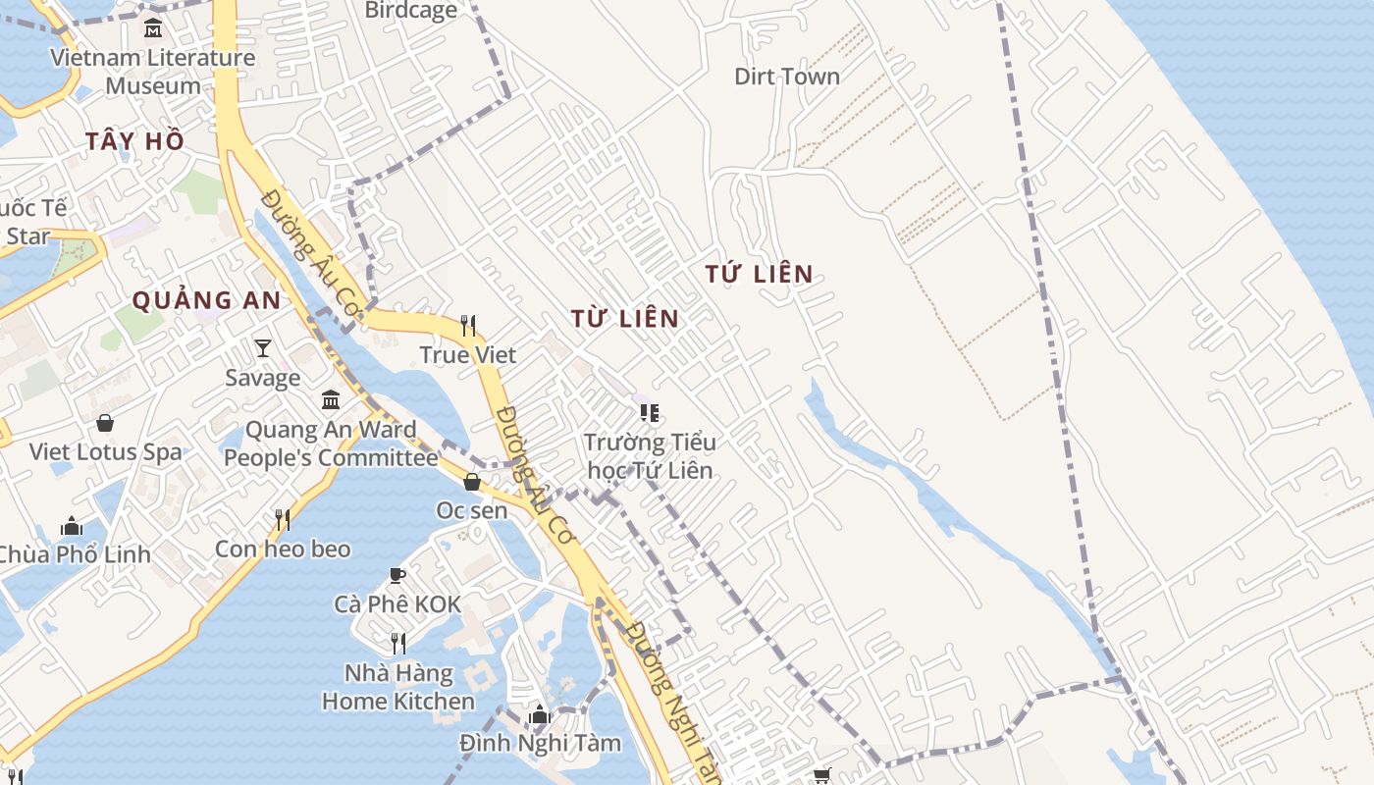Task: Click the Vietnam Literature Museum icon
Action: coord(153,27)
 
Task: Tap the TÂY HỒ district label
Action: coord(135,141)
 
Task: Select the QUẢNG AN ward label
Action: coord(206,300)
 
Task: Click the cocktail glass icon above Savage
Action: coord(263,347)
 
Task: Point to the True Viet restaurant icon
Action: coord(468,325)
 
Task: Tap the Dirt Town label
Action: coord(787,77)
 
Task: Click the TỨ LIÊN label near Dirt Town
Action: coord(760,274)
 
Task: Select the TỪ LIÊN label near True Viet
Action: coord(625,318)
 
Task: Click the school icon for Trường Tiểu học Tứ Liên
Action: coord(649,412)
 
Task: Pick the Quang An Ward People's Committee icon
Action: coord(331,400)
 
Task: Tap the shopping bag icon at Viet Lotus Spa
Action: coord(105,423)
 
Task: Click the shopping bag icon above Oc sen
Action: coord(472,482)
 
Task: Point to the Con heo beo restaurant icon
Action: coord(283,519)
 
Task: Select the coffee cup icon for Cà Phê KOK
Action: coord(397,575)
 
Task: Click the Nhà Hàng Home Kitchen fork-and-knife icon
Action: coord(398,643)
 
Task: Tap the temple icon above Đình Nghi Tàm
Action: coord(540,714)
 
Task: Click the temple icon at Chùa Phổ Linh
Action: coord(72,526)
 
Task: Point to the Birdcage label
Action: coord(411,11)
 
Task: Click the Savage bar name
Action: coord(263,378)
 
